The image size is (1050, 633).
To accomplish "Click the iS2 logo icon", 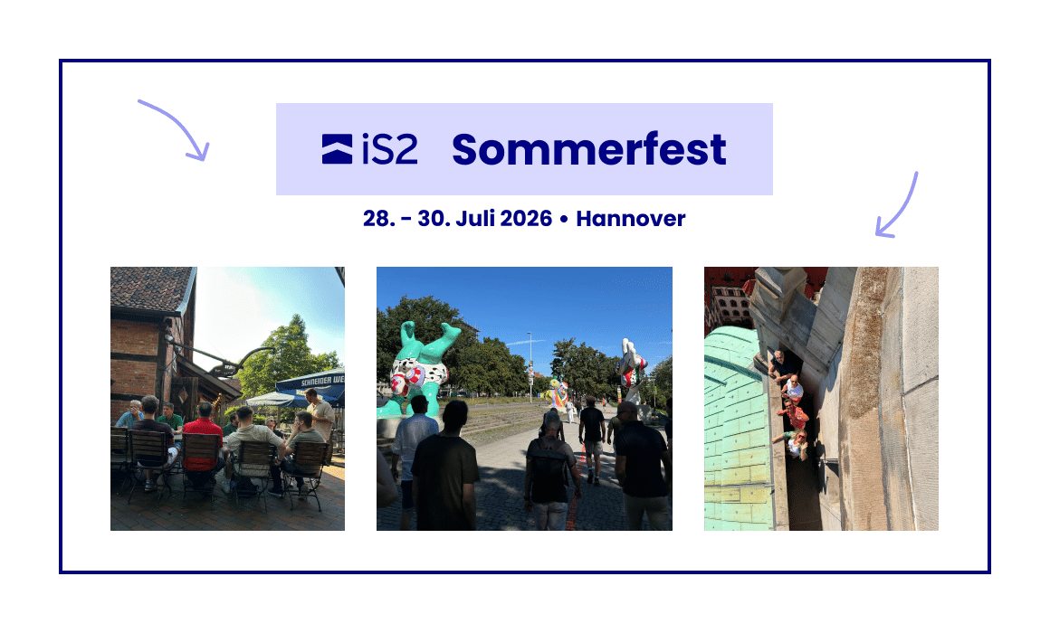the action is (337, 149).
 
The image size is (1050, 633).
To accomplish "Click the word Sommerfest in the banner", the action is (588, 149).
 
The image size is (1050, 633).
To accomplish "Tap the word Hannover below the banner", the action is (631, 219).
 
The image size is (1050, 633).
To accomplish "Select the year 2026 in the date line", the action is (526, 219).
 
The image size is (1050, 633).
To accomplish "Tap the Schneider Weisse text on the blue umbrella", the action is (322, 381).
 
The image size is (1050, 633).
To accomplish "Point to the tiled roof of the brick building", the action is (150, 288).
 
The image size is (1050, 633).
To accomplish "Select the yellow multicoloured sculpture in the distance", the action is (558, 392).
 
